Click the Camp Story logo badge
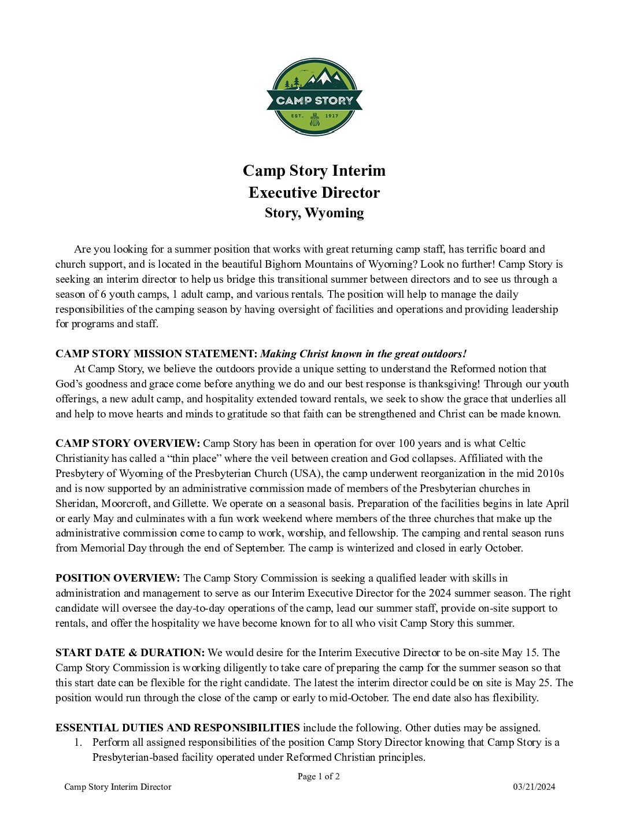coord(314,97)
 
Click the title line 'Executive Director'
coord(314,193)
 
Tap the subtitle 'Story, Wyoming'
coord(314,213)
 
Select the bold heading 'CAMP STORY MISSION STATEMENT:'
coord(156,354)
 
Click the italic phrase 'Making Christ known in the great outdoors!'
coord(363,354)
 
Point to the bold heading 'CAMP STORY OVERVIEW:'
coord(128,443)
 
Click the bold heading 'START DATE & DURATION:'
coord(130,653)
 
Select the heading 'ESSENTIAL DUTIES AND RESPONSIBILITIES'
coord(177,728)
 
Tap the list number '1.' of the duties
coord(78,742)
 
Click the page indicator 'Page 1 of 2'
coord(319,776)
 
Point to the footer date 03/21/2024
coord(534,787)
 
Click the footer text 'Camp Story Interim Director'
coord(118,787)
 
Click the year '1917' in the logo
coord(332,116)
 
